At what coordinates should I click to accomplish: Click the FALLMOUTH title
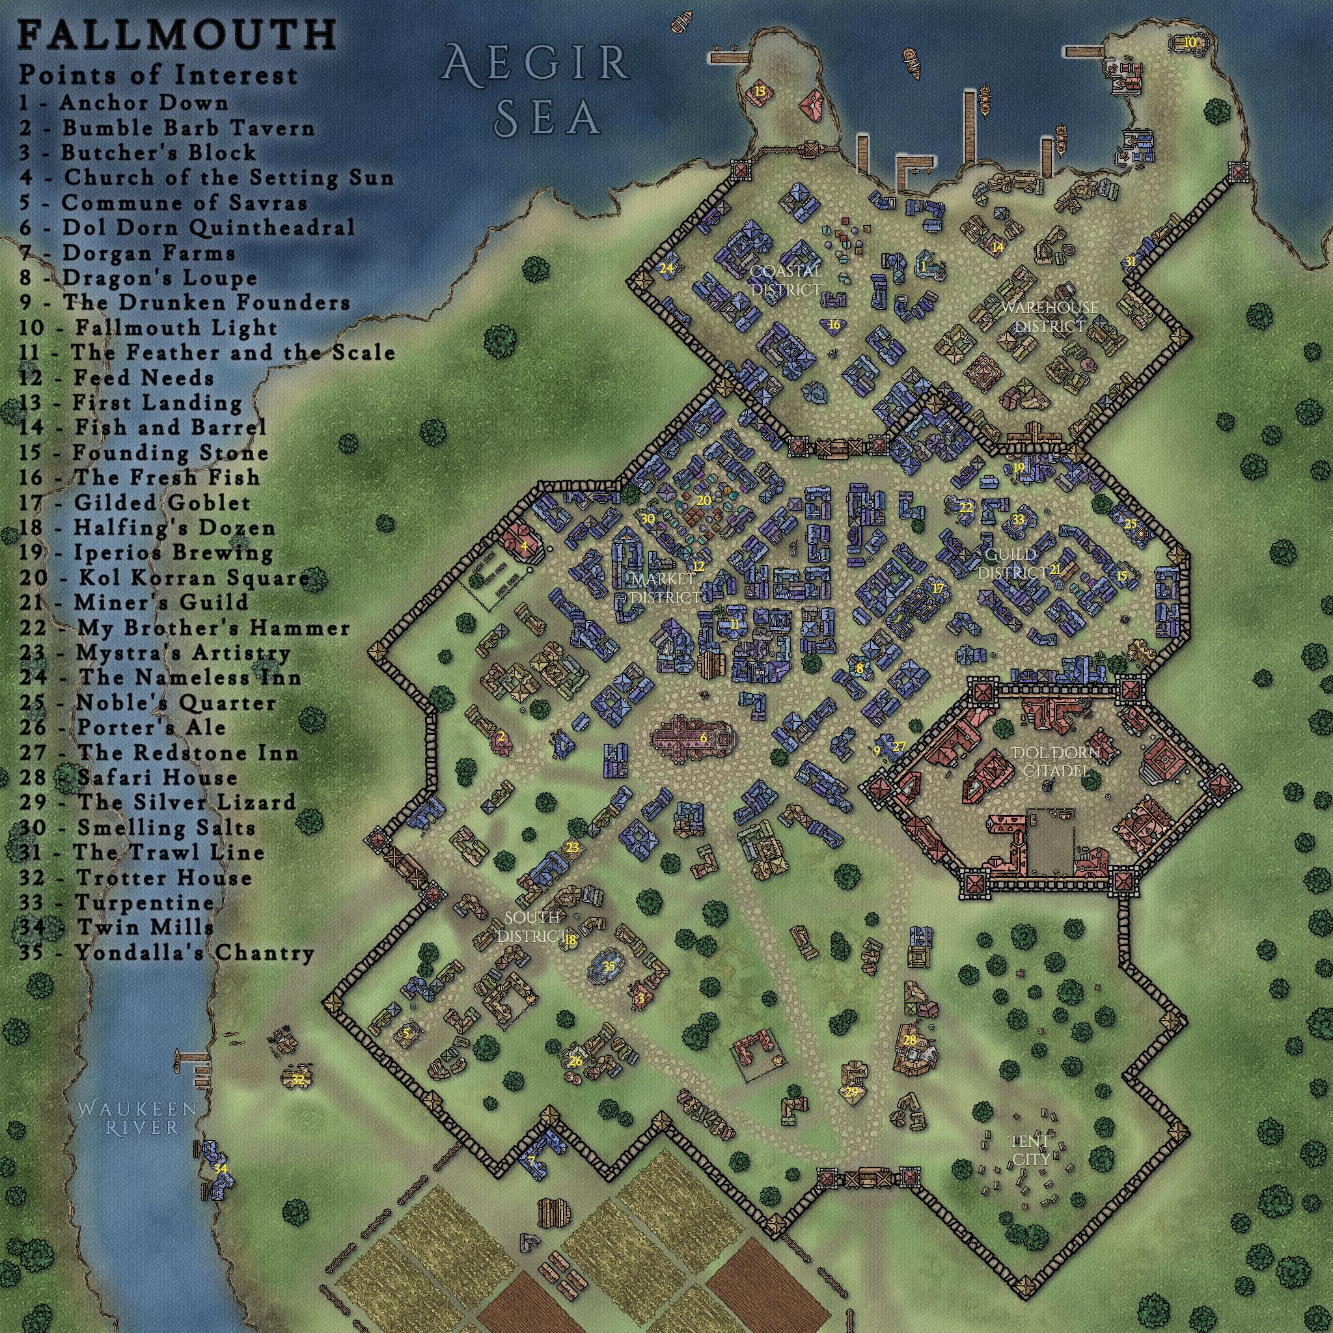point(176,34)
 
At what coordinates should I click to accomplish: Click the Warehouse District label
point(1049,315)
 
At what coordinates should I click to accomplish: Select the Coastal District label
point(786,280)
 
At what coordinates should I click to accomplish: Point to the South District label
point(530,927)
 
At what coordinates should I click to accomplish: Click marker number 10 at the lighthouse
point(1190,42)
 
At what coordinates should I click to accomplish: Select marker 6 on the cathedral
point(704,737)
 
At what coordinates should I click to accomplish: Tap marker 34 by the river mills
point(220,1169)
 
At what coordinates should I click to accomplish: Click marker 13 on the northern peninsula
point(760,90)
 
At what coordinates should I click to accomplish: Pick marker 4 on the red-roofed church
point(525,547)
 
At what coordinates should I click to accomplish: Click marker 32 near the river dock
point(297,1080)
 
